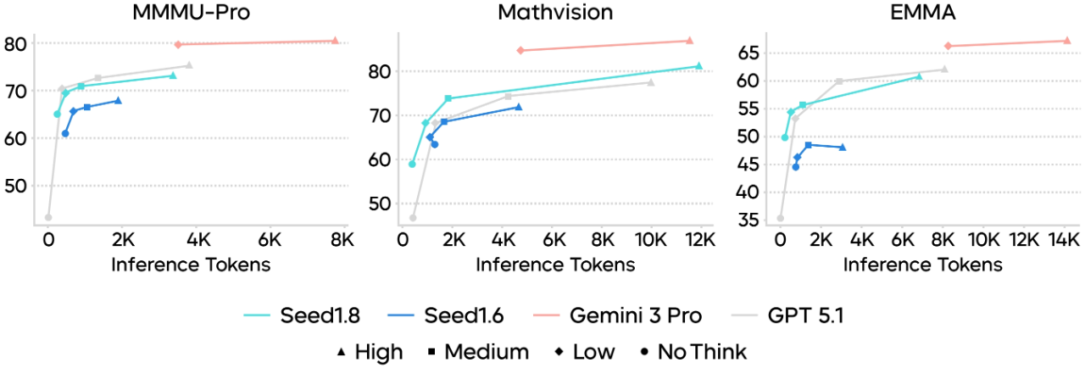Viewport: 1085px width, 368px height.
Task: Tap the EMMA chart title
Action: coord(922,13)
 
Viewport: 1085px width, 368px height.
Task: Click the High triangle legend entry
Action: coord(370,351)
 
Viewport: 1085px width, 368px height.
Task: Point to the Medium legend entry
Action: coord(477,351)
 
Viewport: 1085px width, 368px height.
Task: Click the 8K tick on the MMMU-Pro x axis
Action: coord(342,240)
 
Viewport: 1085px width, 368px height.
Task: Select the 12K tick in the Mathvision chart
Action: coord(699,240)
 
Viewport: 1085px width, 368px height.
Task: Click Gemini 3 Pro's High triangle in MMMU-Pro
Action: coord(335,40)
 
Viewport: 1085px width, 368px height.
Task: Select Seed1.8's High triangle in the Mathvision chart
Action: coord(698,65)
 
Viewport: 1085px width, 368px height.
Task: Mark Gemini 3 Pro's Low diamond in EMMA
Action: coord(948,46)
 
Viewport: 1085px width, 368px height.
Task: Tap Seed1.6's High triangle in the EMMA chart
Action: coord(843,148)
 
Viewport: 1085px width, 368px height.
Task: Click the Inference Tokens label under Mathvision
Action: coord(554,265)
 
